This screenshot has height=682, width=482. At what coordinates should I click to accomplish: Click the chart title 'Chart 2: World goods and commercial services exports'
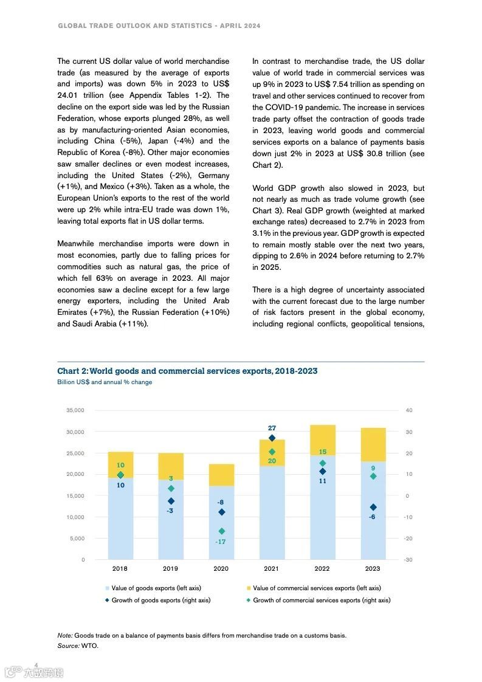(187, 371)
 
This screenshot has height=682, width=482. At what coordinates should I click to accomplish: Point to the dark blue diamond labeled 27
(272, 438)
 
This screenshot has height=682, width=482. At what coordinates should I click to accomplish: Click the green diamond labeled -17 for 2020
(222, 531)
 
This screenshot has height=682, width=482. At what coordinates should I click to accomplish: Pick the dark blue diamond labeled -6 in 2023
(373, 508)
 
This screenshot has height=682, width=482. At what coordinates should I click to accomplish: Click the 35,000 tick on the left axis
(75, 410)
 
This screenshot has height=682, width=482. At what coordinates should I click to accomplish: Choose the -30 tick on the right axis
(408, 559)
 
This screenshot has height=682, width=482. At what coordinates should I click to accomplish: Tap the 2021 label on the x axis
(271, 569)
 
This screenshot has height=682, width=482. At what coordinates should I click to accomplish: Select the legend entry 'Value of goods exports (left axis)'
(156, 588)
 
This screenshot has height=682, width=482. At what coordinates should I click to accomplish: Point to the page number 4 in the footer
(36, 665)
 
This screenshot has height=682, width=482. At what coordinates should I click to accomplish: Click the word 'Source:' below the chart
(68, 646)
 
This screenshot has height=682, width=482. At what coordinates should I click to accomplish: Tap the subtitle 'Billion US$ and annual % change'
(105, 382)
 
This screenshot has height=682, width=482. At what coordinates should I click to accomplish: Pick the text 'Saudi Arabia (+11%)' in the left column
(102, 324)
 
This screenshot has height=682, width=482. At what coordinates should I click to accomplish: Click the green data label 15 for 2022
(323, 452)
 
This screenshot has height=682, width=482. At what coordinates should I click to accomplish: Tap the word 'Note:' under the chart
(65, 635)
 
